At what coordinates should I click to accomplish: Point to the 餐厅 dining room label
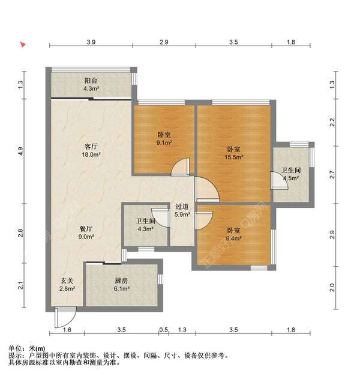point(86,228)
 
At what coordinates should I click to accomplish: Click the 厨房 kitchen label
point(122,280)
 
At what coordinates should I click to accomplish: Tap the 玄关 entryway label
point(67,280)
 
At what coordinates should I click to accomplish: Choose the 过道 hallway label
point(182,206)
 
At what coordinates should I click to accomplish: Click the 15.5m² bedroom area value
point(234,157)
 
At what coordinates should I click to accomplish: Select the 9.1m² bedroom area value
point(164,143)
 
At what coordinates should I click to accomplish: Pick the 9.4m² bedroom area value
point(234,238)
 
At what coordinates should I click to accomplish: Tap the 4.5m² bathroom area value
point(292,178)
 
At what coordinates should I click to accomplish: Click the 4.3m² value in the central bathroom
point(146,229)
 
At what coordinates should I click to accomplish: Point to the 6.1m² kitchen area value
point(122,289)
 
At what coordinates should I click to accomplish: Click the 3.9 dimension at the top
point(91,42)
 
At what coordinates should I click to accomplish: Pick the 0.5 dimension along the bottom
point(164,330)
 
